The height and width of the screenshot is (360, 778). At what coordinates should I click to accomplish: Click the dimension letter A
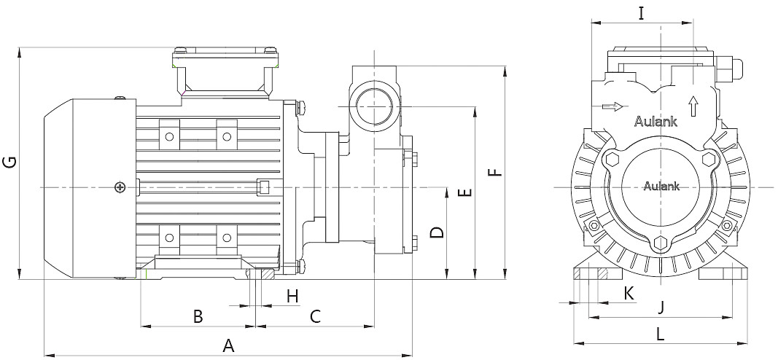(x=228, y=345)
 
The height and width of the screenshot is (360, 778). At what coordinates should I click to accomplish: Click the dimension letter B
(x=197, y=316)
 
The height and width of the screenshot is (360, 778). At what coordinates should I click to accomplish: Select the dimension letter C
(x=316, y=316)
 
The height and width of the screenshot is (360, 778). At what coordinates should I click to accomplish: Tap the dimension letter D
(x=436, y=232)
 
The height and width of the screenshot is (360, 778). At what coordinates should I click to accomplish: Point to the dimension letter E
(x=464, y=193)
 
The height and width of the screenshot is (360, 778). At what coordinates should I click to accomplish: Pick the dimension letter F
(x=494, y=173)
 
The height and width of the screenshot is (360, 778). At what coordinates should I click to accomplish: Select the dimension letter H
(x=292, y=296)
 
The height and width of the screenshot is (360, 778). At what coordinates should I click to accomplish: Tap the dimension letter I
(x=641, y=13)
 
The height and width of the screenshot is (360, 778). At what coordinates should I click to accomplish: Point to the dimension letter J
(x=661, y=307)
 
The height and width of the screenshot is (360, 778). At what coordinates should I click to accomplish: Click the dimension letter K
(x=629, y=292)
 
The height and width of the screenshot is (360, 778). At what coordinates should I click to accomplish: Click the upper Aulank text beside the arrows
(x=655, y=122)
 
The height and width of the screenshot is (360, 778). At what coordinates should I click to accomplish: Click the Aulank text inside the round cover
(x=661, y=186)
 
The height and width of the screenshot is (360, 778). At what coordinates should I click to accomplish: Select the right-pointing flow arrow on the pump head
(x=614, y=107)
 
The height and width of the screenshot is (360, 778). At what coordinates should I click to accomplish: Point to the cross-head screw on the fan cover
(x=120, y=188)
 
